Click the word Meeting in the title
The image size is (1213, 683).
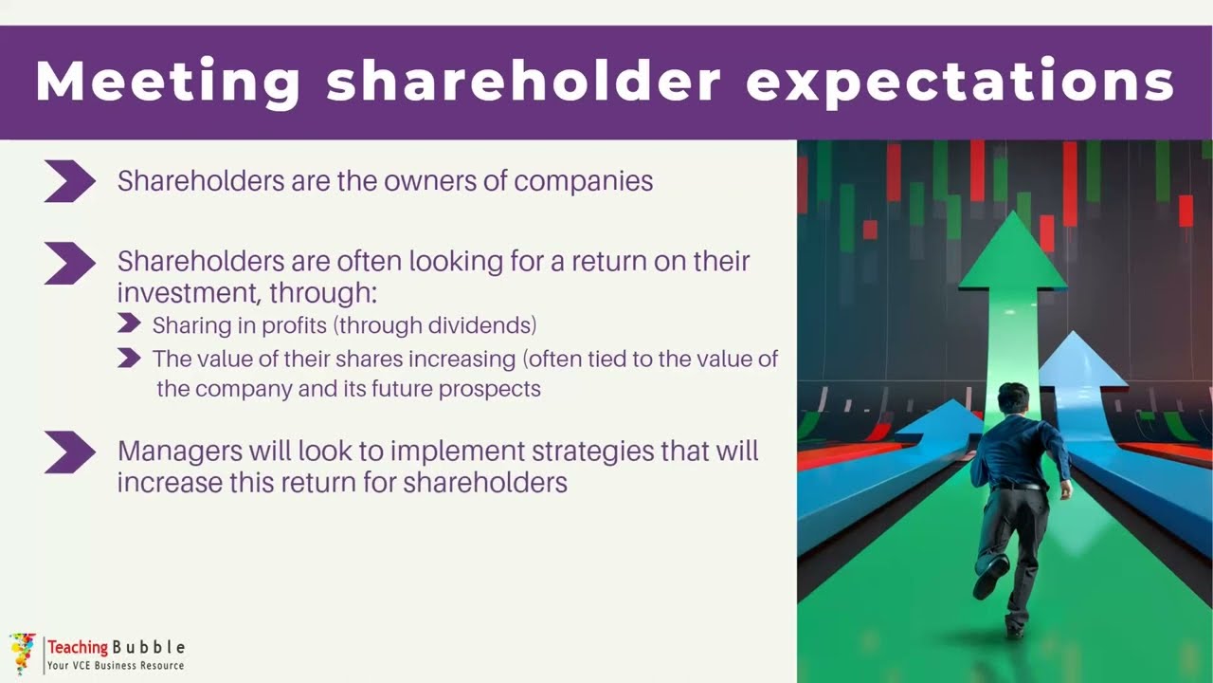coord(168,82)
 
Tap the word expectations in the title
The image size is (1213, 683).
coord(960,83)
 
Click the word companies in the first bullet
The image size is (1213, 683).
coord(583,182)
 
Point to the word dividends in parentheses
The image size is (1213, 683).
coord(480,325)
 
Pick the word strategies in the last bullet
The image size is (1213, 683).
coord(593,452)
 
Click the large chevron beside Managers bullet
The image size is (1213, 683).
coord(70,452)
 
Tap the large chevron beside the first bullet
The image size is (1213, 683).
coord(70,181)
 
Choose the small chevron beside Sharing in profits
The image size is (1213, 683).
coord(129,323)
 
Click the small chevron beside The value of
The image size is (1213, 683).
coord(129,358)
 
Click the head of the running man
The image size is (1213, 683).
coord(1013,399)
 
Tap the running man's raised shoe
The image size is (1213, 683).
coord(991,578)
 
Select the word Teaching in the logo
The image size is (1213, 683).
coord(78,647)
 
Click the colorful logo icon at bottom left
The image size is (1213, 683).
coord(22,654)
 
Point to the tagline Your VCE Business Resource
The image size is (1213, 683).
coord(116,666)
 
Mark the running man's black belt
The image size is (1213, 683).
coord(1019,487)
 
